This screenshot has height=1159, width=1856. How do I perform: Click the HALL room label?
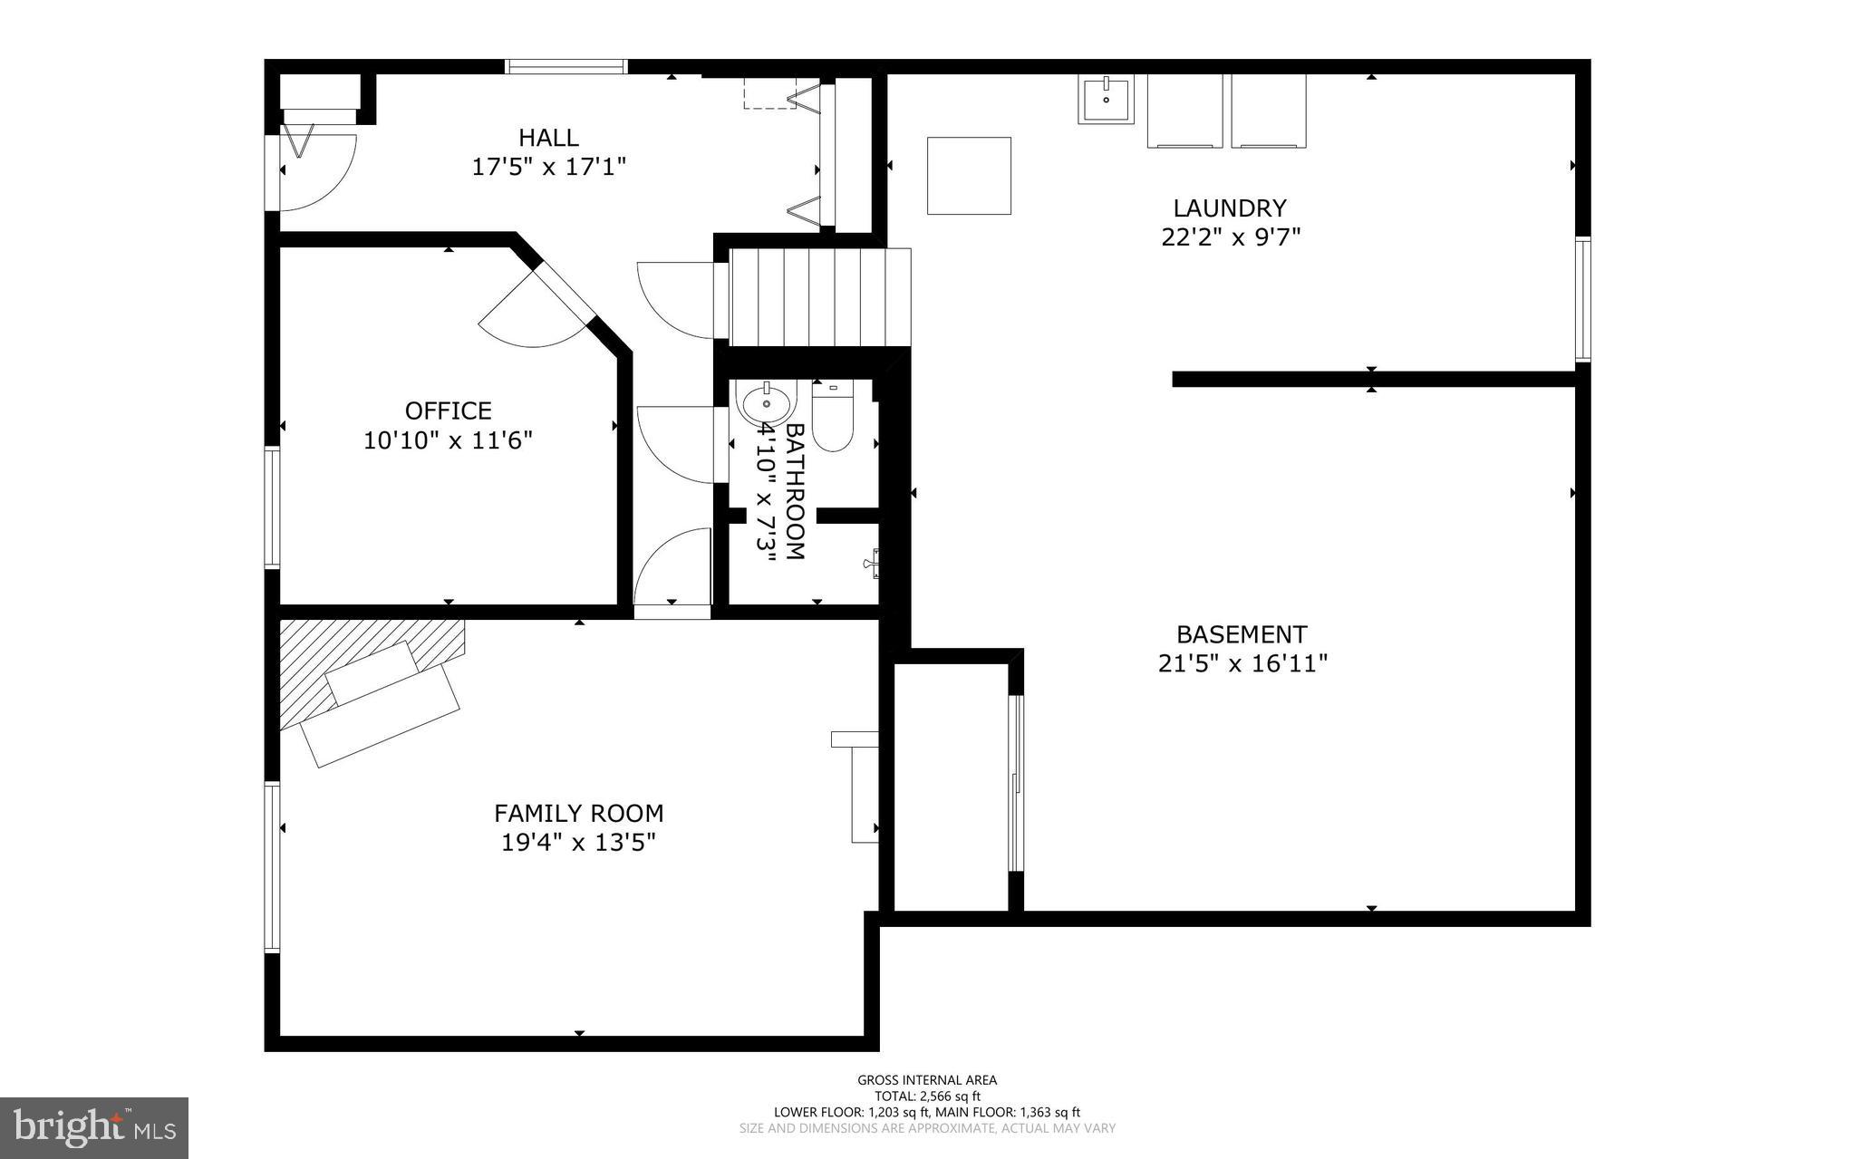click(548, 138)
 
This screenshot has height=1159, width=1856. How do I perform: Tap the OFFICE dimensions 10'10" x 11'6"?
click(448, 440)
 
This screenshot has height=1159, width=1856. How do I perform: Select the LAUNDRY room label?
click(1230, 208)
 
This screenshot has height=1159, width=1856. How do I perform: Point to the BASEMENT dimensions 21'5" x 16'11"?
click(1242, 664)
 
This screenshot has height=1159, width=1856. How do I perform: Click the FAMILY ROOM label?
click(578, 813)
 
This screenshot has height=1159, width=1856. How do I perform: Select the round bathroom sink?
click(765, 402)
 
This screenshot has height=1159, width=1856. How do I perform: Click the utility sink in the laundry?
click(1106, 100)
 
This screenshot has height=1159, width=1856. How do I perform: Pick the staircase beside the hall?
click(818, 297)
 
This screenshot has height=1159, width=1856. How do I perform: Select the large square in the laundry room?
click(969, 176)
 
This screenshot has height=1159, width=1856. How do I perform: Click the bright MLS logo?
click(94, 1127)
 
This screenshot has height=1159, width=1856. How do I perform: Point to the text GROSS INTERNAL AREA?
click(927, 1079)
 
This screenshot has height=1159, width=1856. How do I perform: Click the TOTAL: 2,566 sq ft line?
click(927, 1096)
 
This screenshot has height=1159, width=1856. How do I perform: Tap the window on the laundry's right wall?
click(1582, 299)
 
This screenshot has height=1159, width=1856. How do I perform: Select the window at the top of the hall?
click(566, 66)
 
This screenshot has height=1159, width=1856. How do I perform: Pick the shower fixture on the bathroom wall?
click(872, 563)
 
